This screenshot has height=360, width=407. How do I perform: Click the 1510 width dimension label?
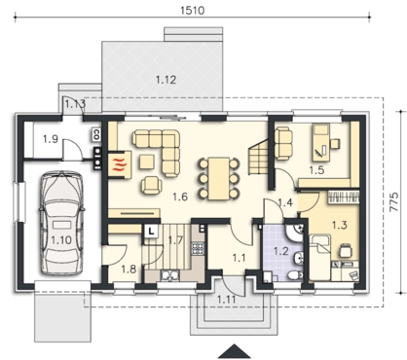point(193,10)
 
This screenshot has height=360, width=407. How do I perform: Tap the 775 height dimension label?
point(393,201)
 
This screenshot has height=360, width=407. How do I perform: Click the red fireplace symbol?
point(119,164)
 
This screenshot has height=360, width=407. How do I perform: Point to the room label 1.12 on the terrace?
point(166,80)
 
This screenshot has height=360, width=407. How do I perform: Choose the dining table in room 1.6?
point(219,178)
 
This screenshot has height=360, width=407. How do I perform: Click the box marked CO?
point(96,133)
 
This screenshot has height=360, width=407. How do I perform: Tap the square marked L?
point(151,232)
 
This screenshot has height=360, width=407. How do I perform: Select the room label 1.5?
point(316,170)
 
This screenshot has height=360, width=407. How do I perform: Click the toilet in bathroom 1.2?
point(295,275)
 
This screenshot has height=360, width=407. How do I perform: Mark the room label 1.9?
point(51,139)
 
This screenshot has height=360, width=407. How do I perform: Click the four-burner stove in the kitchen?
point(198,248)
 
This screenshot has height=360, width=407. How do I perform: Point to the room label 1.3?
point(340,225)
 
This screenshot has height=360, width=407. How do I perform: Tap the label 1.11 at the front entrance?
point(226,299)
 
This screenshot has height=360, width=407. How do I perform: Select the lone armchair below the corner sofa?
point(152,185)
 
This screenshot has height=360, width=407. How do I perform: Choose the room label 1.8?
point(129,269)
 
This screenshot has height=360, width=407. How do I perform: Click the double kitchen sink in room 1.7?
point(169,274)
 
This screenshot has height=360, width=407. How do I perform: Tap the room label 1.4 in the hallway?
point(285,202)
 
